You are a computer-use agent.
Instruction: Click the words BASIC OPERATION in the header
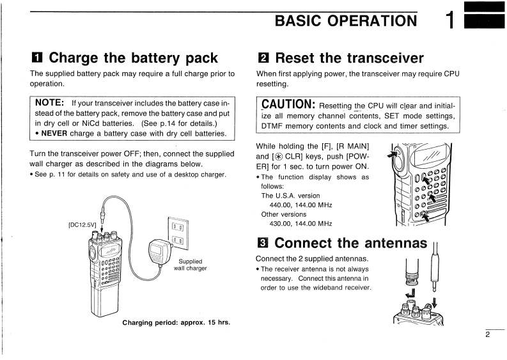click(x=345, y=20)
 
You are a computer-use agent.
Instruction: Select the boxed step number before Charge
click(x=37, y=59)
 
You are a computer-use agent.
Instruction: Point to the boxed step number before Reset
click(x=262, y=59)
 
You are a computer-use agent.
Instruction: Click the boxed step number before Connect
click(x=262, y=244)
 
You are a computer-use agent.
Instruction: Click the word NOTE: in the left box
click(x=49, y=102)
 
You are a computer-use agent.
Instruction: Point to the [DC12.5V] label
click(x=81, y=224)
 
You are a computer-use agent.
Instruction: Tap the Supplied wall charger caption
click(x=191, y=265)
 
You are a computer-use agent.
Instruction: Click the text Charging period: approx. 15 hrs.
click(x=176, y=322)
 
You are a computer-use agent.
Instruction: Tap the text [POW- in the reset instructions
click(x=357, y=157)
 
